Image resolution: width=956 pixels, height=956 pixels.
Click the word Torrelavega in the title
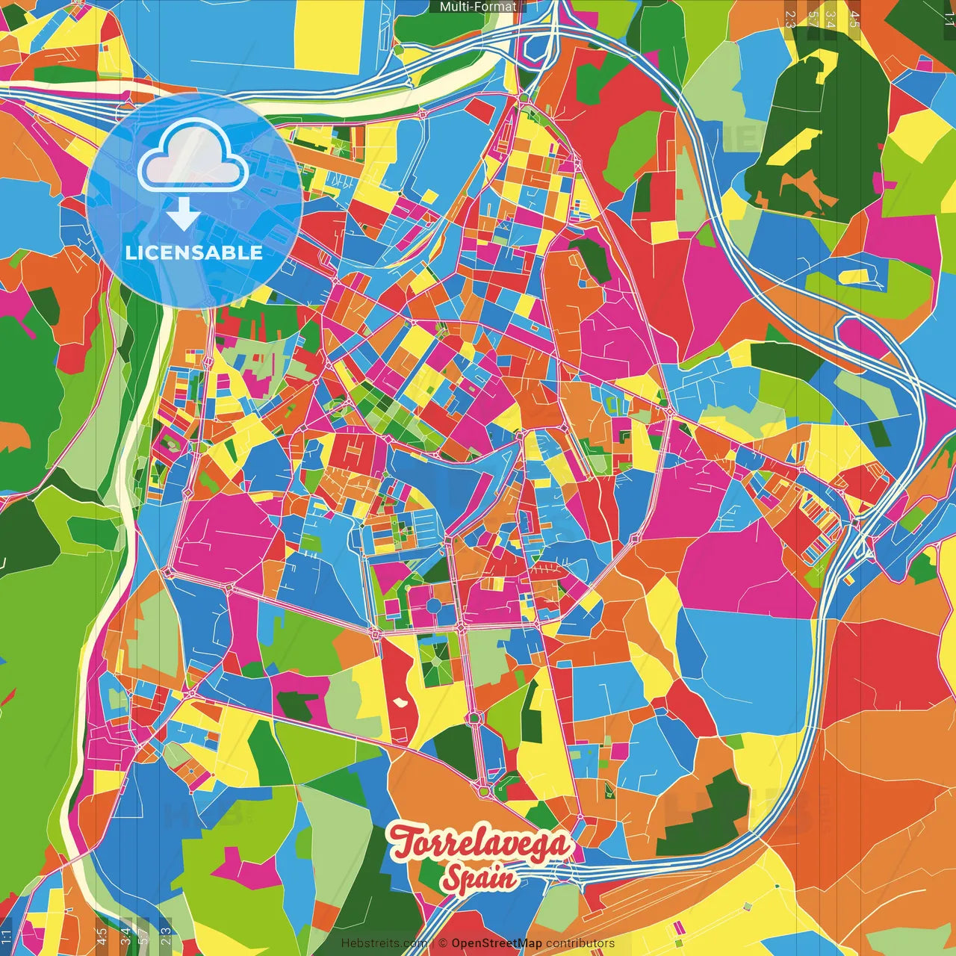481,843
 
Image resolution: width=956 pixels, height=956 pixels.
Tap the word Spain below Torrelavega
478,878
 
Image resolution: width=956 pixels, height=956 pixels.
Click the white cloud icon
193,157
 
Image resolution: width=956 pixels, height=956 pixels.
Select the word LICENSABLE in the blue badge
194,252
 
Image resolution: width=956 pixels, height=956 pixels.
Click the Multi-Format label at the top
477,7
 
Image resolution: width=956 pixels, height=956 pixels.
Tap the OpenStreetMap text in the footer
496,943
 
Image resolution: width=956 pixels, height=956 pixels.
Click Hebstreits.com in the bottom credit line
384,943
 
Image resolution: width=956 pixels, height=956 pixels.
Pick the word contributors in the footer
580,943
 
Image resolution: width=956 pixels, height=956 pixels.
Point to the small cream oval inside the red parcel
402,702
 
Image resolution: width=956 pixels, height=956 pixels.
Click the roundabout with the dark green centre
473,718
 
